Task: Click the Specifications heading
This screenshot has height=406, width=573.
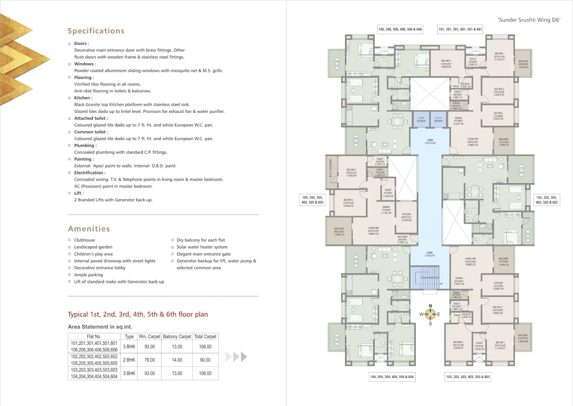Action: [96, 31]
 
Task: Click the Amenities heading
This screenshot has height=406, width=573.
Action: [89, 229]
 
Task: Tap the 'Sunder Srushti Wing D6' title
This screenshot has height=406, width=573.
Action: [529, 20]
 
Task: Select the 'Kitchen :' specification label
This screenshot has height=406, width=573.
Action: [83, 98]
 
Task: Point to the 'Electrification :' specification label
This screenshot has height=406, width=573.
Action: [90, 173]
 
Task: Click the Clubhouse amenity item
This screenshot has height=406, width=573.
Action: [84, 240]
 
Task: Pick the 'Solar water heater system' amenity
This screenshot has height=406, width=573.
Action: [202, 247]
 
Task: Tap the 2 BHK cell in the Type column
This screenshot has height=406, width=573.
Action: [129, 360]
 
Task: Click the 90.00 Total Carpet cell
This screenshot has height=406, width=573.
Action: [205, 360]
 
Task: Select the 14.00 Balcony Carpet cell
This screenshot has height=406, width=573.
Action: [177, 360]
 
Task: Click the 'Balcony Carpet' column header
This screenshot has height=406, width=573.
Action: [177, 337]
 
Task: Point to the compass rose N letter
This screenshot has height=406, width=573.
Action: [430, 306]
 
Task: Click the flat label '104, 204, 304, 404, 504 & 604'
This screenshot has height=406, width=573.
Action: [392, 377]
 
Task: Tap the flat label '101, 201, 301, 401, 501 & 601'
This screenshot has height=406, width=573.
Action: [460, 29]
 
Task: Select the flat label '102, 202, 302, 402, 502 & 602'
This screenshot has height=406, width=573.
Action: [546, 200]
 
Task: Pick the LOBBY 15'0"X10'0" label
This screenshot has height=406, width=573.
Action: [430, 141]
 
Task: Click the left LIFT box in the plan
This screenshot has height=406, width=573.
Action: [421, 120]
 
